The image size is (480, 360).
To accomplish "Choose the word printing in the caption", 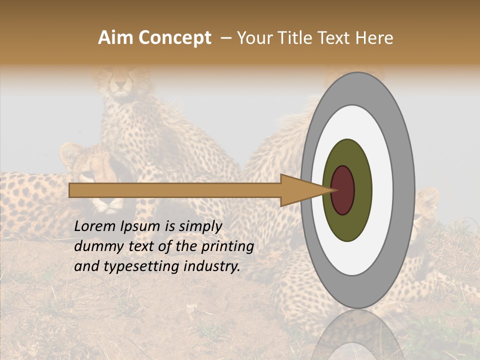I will pos(230,246).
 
